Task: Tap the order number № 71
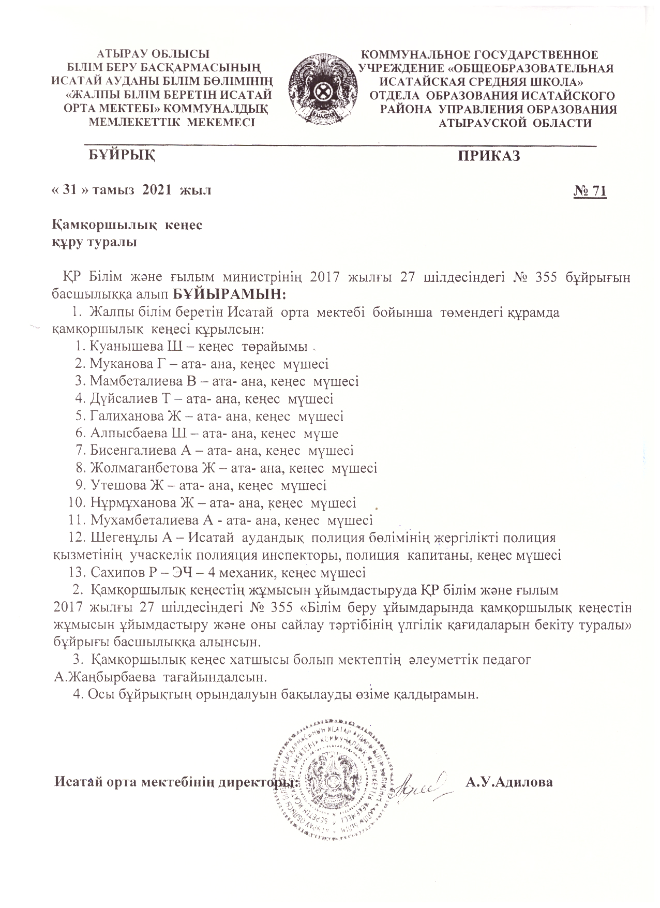(x=590, y=191)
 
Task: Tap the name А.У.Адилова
(x=509, y=782)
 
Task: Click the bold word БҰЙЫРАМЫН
(x=229, y=294)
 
